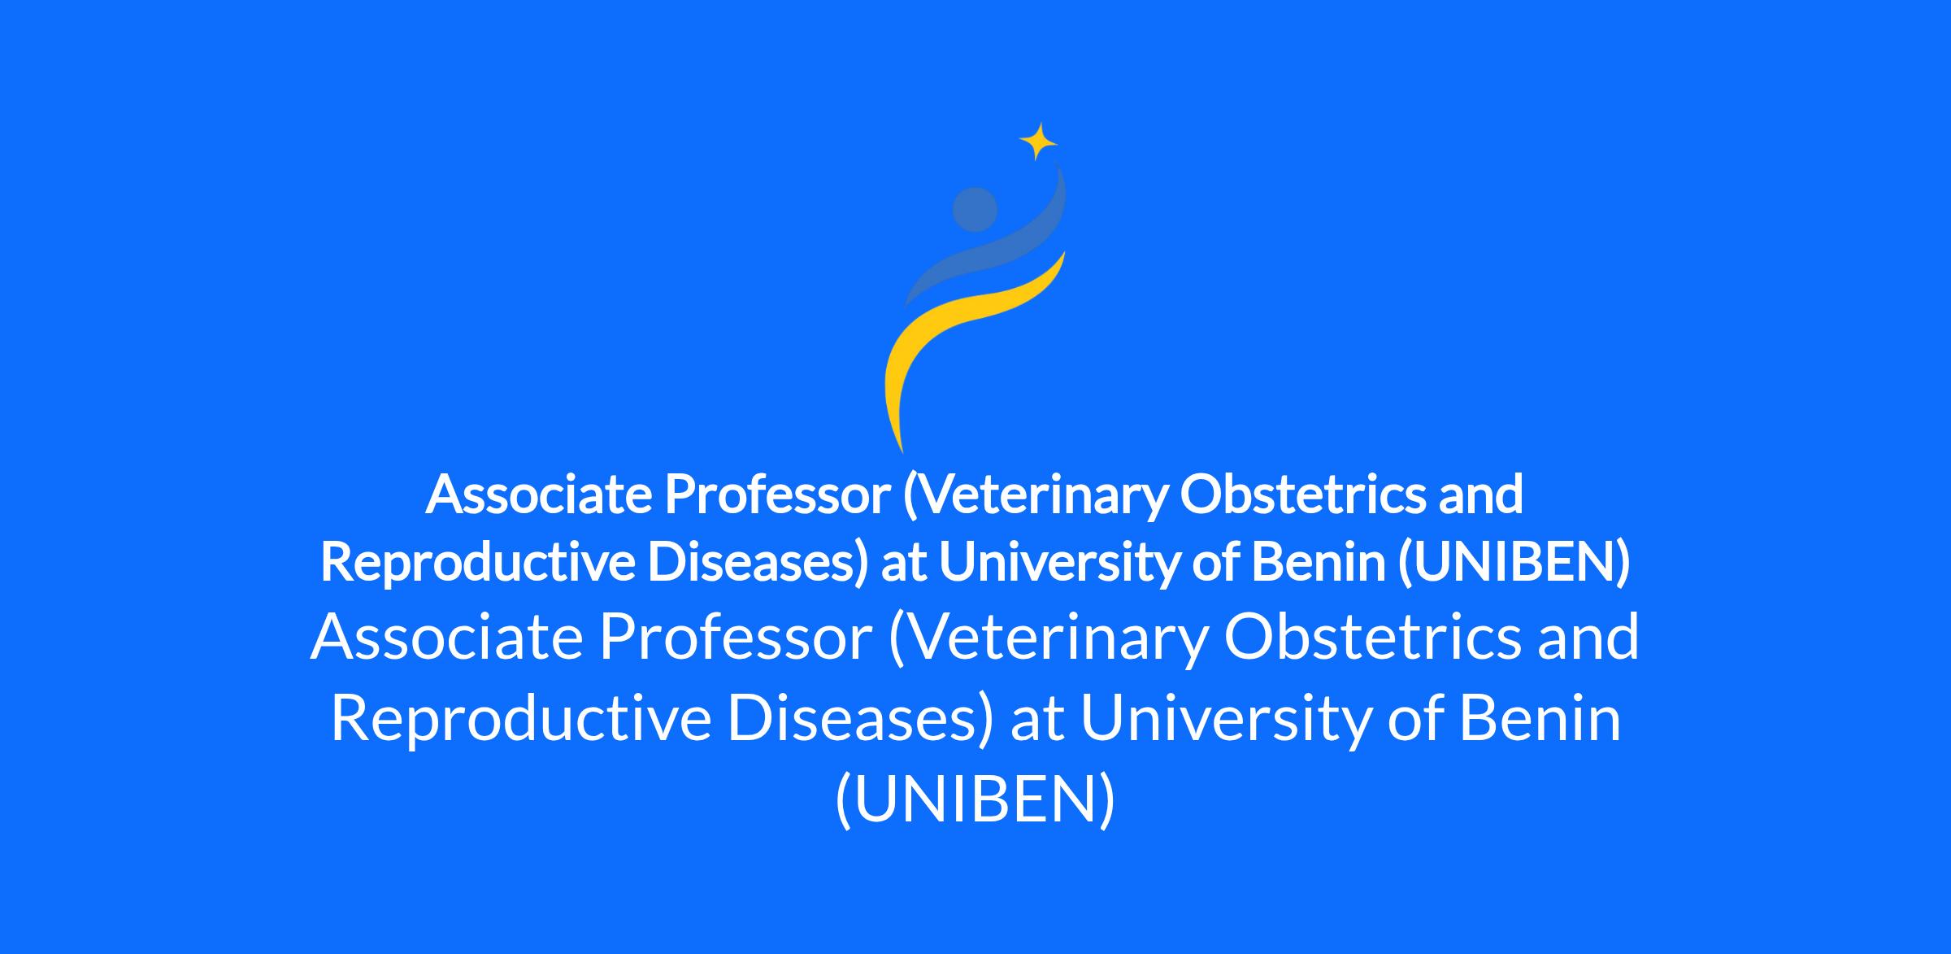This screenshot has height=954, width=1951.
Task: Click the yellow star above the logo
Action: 1038,142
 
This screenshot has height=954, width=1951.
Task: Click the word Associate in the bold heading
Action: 539,494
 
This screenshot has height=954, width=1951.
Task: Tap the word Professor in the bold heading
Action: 778,494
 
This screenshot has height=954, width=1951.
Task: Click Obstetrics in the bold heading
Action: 1303,494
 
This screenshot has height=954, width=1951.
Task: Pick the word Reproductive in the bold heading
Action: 477,563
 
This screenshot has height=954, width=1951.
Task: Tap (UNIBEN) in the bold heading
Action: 1514,563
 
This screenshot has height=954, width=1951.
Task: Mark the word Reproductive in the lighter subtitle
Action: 521,720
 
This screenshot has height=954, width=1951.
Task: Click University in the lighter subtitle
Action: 1224,720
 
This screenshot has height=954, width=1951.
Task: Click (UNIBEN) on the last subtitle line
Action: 975,802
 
